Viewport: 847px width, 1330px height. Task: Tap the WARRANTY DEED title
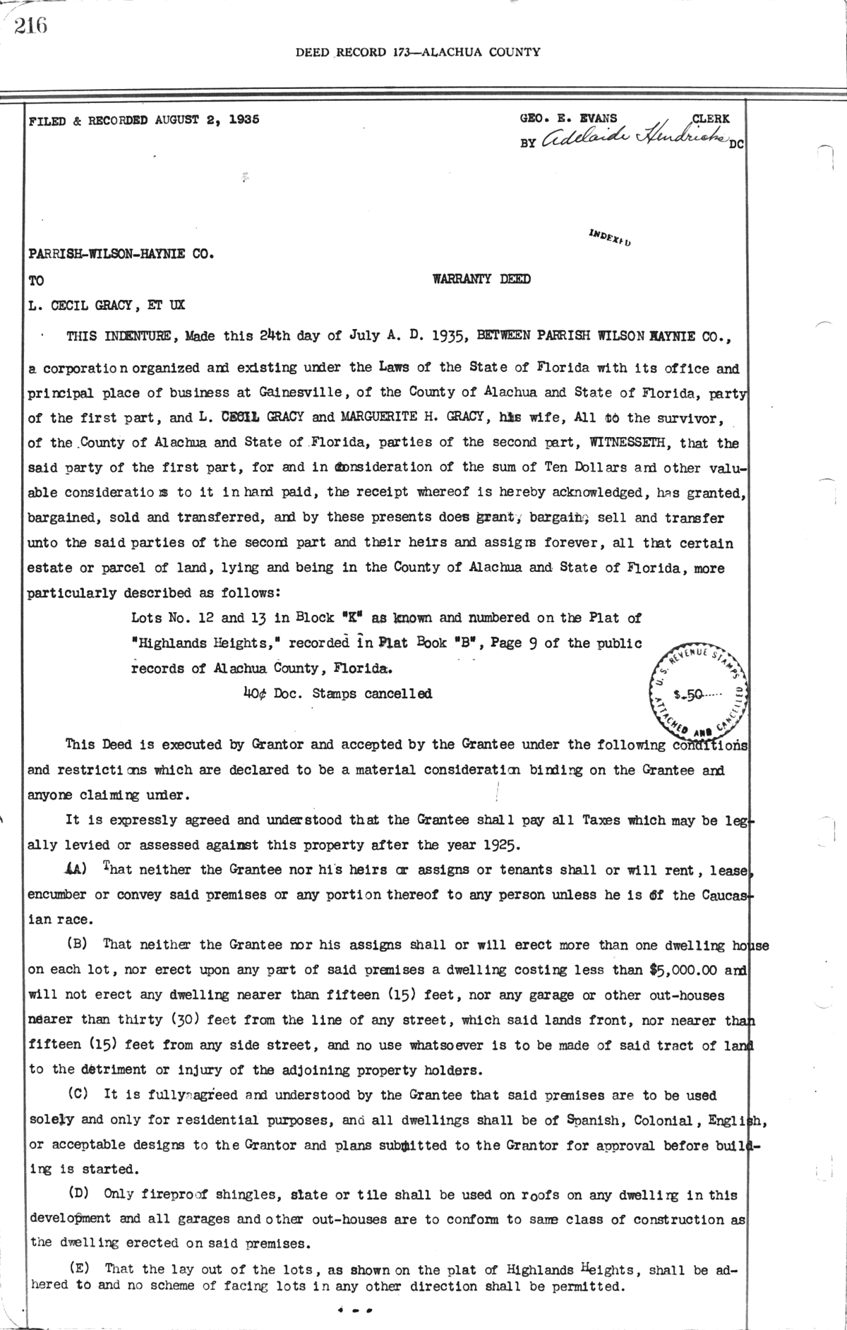point(481,279)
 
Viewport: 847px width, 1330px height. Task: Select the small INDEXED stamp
point(608,238)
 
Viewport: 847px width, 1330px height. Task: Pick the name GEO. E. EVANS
point(568,119)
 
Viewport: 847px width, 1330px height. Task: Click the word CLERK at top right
point(711,119)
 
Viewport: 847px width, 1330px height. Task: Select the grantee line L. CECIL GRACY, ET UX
point(107,305)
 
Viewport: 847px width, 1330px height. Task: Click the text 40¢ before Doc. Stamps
point(253,693)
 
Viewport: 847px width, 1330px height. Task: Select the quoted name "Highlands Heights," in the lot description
point(203,643)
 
